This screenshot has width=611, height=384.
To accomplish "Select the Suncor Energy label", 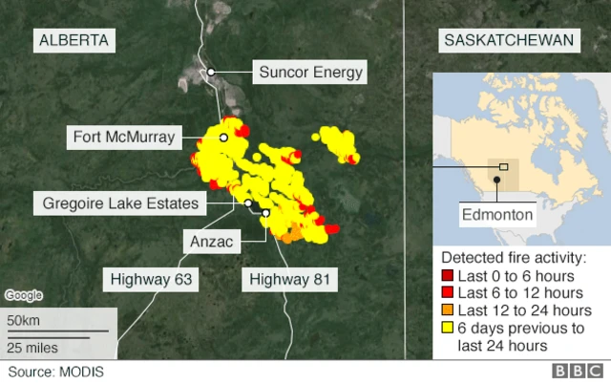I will click(312, 73).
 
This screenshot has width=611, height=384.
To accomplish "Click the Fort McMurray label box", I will click(124, 138).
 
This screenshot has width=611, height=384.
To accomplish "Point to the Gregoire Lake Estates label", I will click(120, 203).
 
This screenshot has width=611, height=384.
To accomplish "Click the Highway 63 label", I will click(151, 280).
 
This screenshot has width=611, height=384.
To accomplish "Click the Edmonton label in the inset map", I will click(496, 215).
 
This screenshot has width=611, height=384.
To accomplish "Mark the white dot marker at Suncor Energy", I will click(211, 72).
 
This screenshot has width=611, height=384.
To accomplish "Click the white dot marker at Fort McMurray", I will click(223, 138).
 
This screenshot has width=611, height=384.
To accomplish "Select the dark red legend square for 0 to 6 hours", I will click(446, 276).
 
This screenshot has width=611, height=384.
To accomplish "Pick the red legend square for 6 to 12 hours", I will click(446, 293).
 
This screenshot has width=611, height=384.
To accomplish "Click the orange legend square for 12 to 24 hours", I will click(446, 310).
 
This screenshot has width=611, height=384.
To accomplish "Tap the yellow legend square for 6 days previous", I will click(446, 328).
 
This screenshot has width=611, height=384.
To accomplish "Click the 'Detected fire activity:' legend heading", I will click(512, 258).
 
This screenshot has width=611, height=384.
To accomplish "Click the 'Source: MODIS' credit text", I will click(55, 372).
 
